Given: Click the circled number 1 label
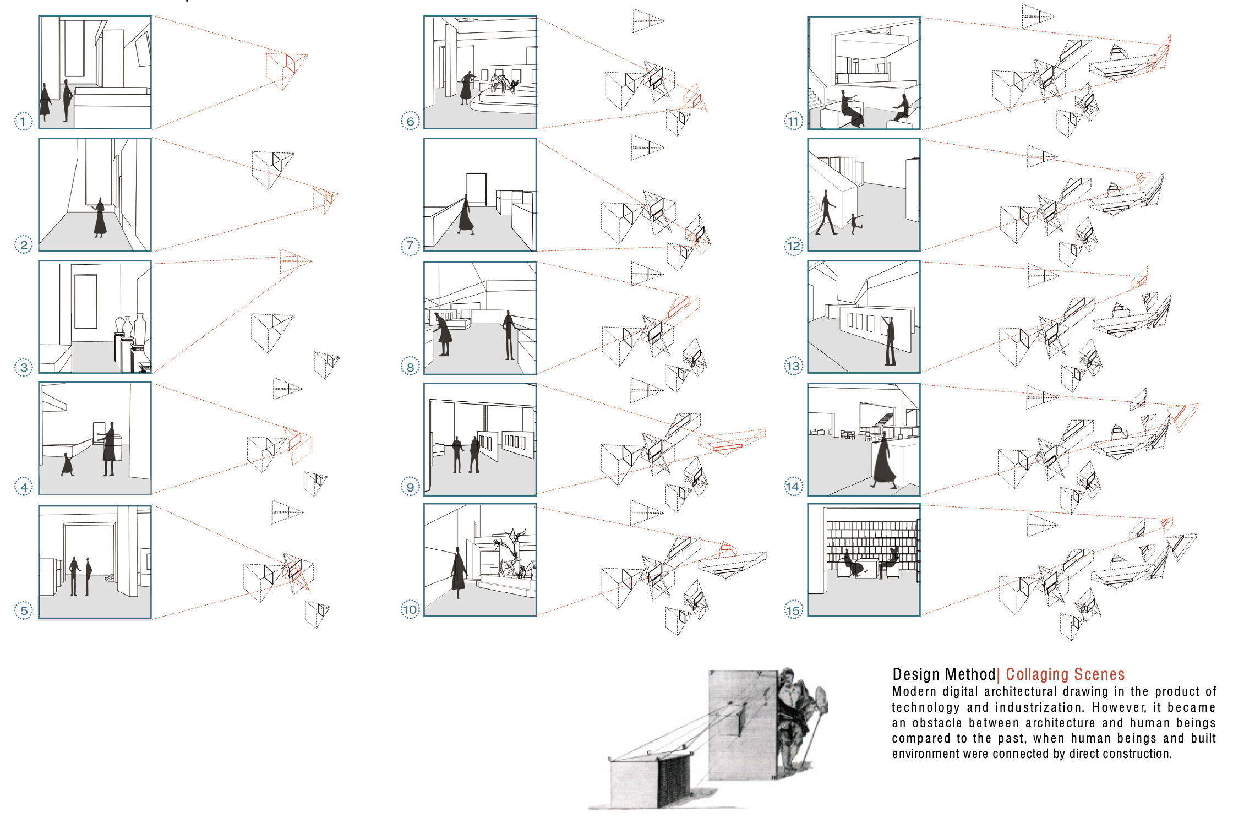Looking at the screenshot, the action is coord(23,121).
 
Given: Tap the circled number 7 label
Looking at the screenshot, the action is coord(410,246).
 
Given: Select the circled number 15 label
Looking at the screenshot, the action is coord(793,610).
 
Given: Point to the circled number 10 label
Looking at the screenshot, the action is coord(410,609).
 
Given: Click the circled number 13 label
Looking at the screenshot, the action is coord(793,366).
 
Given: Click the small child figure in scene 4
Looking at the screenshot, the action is coord(67,464).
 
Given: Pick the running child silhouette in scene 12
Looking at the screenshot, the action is coord(855,223).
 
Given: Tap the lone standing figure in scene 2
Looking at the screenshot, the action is coord(100,218).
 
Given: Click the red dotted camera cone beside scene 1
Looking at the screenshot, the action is coord(286,71).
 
